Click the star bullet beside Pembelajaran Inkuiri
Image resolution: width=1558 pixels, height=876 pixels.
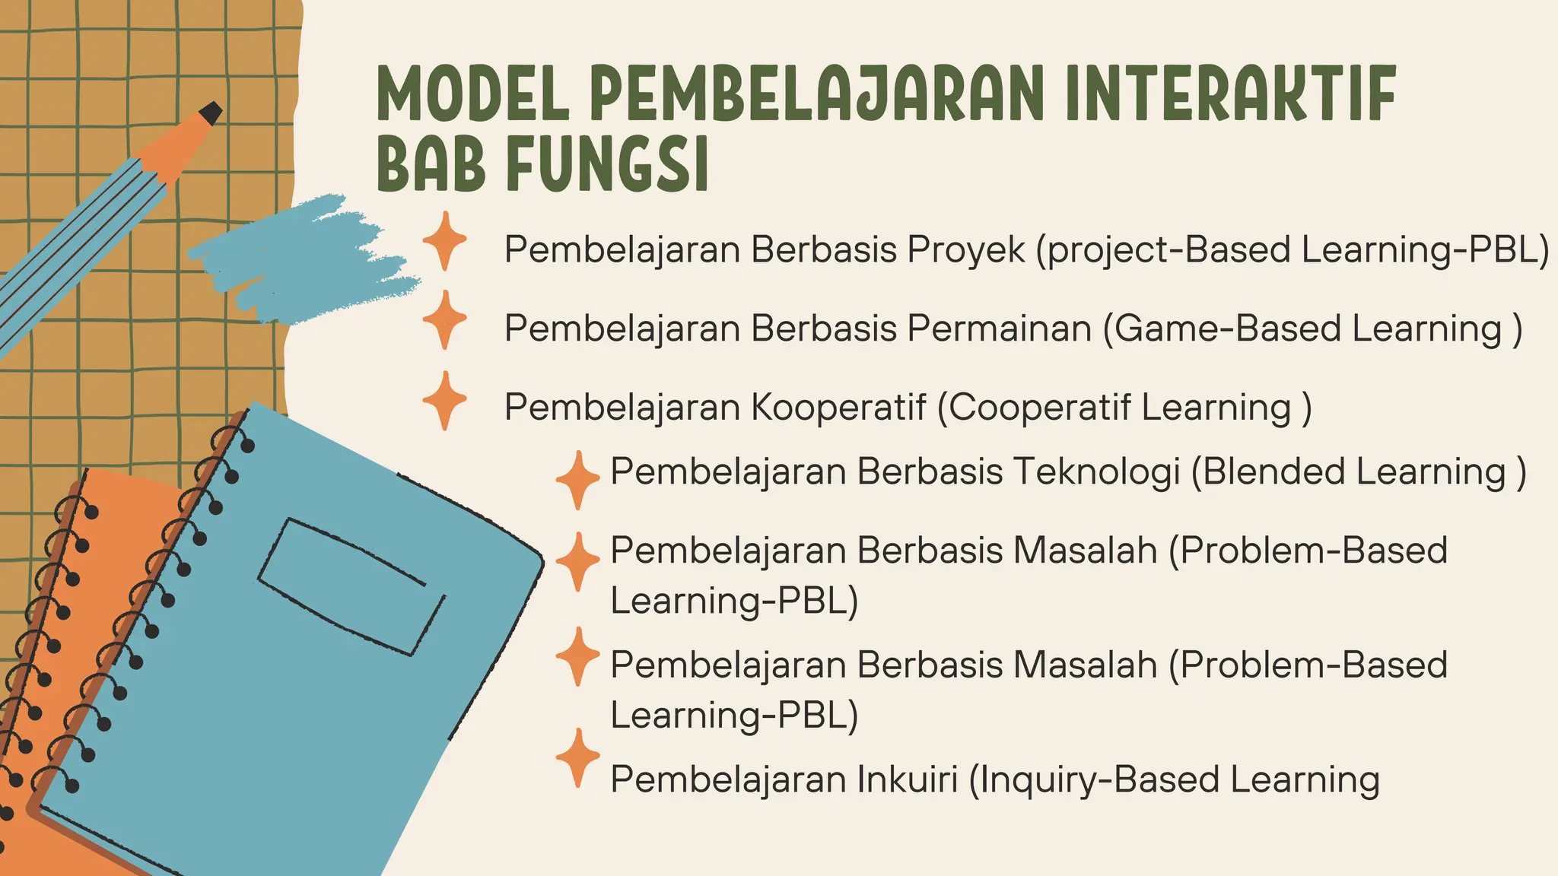(578, 757)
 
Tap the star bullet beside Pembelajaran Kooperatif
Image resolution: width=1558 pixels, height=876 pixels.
(444, 401)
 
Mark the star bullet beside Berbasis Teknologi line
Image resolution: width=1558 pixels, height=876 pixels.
(578, 480)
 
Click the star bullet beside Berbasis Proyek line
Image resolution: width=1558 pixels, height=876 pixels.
(444, 241)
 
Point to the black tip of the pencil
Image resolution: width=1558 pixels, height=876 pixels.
(211, 113)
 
